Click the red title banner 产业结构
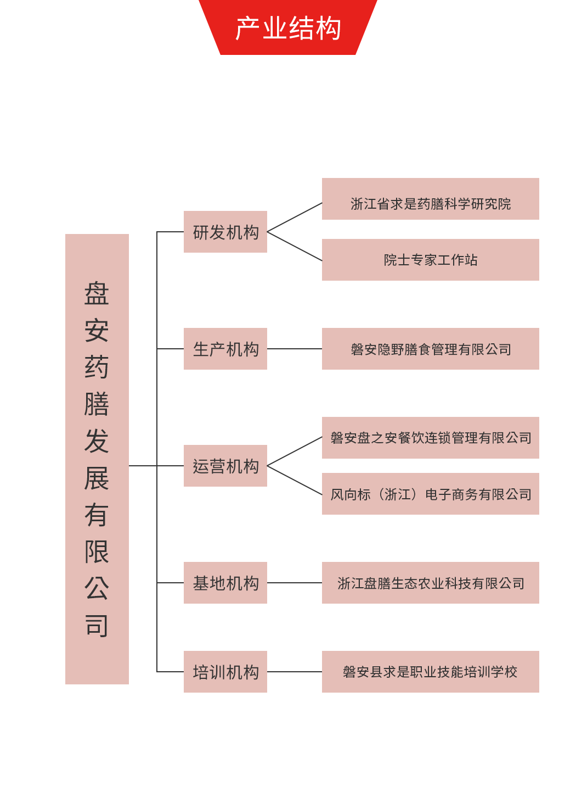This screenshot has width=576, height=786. coord(288,27)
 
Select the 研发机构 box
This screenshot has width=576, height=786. coord(225,232)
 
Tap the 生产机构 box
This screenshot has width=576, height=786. coord(225,349)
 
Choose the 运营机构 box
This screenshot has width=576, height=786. coord(225,466)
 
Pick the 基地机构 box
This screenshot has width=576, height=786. coord(225,583)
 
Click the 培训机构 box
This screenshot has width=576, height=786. coord(225,672)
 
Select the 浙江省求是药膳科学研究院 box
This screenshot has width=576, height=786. coord(431,199)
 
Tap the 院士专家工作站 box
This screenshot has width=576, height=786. coord(431,260)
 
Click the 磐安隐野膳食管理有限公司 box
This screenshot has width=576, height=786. coord(431,349)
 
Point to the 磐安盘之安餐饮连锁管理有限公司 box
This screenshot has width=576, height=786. coord(431,438)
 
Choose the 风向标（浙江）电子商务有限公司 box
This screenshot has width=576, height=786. coord(431,494)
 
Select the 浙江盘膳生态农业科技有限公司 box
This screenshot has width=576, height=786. coord(431,583)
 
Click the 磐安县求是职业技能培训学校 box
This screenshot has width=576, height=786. coord(431,672)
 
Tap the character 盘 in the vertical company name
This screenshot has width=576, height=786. coord(97,294)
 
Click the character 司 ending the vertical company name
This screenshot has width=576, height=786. coord(97,626)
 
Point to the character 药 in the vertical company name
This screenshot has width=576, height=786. coord(97,367)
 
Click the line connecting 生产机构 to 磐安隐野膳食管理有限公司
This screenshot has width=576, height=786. coord(295,349)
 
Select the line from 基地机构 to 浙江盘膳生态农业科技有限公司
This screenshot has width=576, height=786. coord(295,583)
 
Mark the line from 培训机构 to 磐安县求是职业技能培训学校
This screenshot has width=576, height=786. coord(295,672)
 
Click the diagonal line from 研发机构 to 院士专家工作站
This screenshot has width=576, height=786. coord(295,246)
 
